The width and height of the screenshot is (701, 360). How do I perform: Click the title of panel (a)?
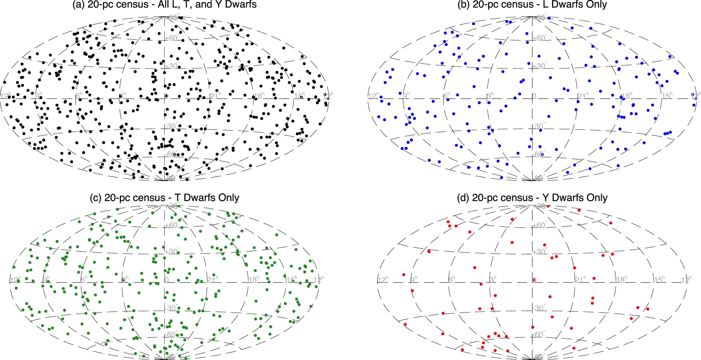tap(164, 5)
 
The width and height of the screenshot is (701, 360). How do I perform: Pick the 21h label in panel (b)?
tap(583, 96)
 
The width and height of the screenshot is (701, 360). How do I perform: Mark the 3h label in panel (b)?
tap(490, 96)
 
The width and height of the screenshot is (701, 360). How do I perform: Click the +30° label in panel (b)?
tap(539, 66)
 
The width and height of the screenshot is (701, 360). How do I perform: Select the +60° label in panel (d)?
tap(539, 225)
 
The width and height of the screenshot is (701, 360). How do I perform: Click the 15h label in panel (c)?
tap(292, 280)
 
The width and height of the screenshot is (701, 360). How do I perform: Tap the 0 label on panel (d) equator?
tap(534, 280)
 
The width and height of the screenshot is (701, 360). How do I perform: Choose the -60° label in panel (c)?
tap(171, 335)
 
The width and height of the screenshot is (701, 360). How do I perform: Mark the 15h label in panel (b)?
tap(667, 96)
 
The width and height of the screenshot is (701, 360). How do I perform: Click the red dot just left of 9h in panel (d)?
tap(404, 275)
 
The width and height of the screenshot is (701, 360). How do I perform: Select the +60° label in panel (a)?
tap(172, 38)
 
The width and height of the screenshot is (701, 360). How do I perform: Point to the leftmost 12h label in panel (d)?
tap(383, 280)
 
